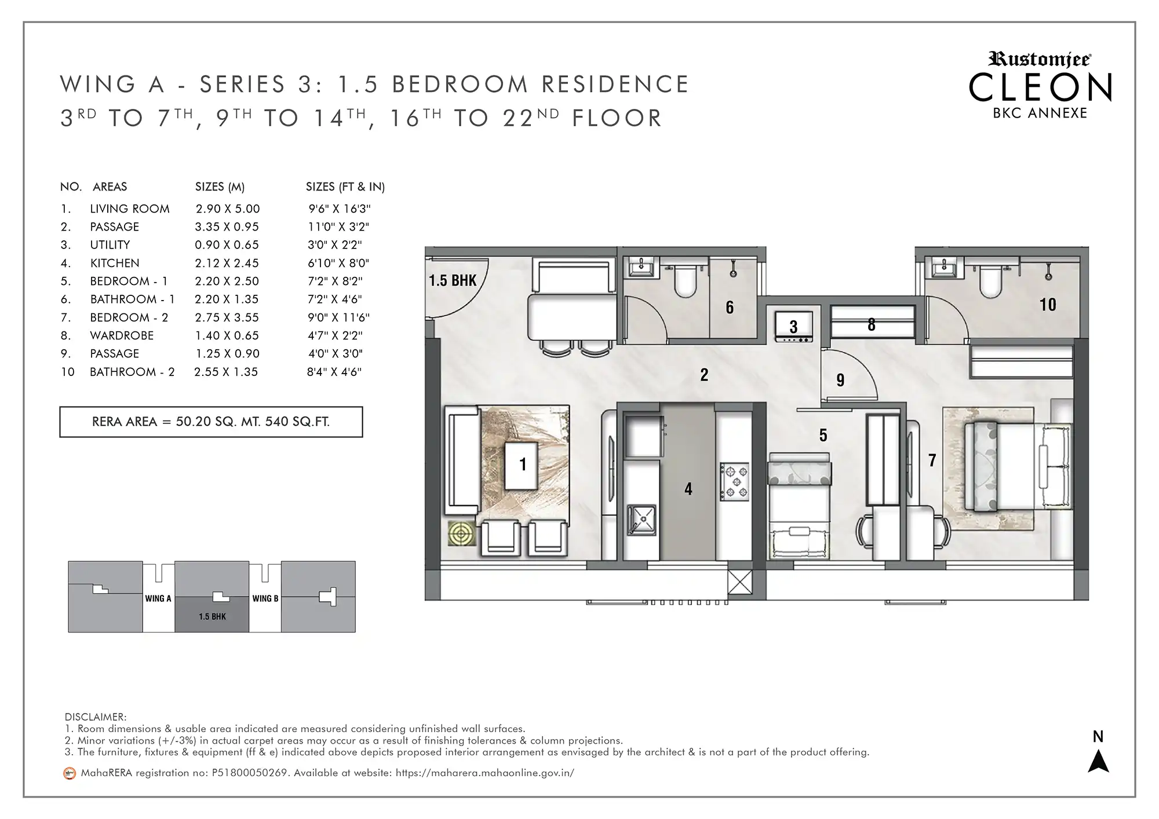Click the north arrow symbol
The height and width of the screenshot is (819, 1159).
1098,761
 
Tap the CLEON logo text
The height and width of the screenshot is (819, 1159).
1040,88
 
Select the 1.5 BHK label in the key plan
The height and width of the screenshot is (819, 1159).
212,617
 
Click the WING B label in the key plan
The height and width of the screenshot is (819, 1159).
265,598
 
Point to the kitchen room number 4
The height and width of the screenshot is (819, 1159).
688,489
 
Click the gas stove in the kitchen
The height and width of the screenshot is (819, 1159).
734,481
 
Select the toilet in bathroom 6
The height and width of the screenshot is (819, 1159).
686,280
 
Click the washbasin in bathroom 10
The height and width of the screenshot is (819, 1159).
943,269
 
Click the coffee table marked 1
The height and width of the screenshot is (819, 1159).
522,466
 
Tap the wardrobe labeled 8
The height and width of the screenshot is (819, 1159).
872,322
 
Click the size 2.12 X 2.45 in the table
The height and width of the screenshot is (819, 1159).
227,263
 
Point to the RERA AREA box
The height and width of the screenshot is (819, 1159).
211,422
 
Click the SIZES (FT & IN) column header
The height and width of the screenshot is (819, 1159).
345,187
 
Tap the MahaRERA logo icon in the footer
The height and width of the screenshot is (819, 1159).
70,773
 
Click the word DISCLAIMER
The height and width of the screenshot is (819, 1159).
96,717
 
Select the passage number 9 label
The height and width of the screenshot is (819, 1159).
840,380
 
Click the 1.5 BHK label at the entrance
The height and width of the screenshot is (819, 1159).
453,281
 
